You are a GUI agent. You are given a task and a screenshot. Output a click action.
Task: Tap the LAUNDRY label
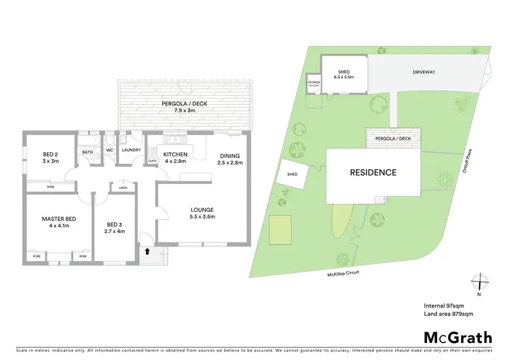click(131, 150)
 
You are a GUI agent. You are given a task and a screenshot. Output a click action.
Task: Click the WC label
click(109, 150)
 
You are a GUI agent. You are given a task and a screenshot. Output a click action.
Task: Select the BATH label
click(88, 152)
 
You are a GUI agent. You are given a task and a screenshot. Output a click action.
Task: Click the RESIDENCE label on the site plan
click(373, 173)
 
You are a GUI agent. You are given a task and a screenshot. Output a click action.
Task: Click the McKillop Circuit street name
click(343, 274)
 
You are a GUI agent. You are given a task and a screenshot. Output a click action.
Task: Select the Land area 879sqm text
click(449, 314)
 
